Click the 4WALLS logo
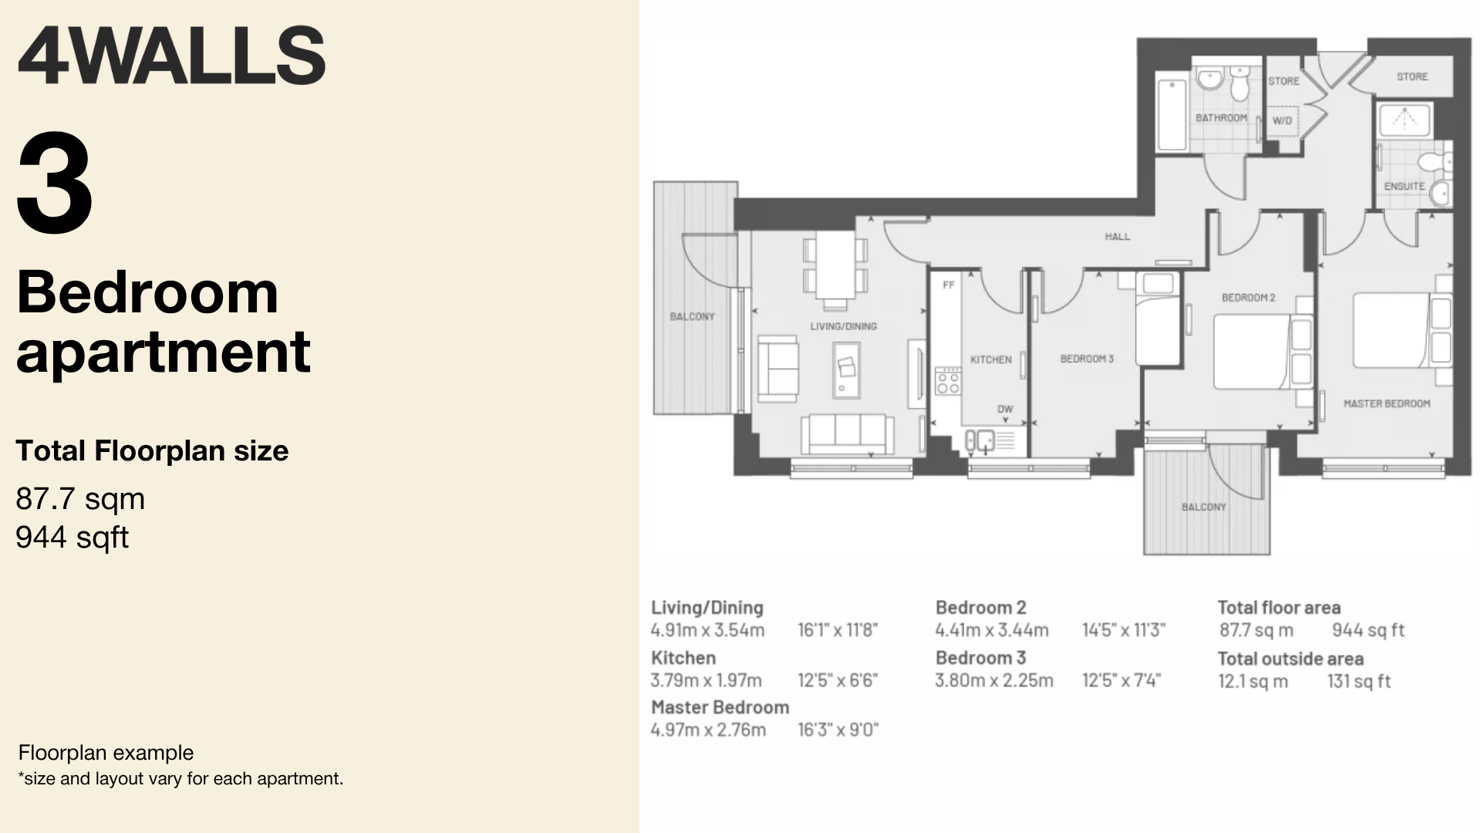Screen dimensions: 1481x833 pyautogui.click(x=170, y=56)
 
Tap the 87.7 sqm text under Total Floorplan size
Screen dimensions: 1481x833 pyautogui.click(x=80, y=499)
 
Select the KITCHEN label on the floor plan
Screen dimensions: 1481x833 pyautogui.click(x=990, y=359)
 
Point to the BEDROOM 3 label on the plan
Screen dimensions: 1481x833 pyautogui.click(x=1087, y=359)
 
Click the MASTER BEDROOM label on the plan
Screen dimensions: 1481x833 pyautogui.click(x=1387, y=403)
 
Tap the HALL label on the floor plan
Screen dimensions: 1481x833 pyautogui.click(x=1117, y=237)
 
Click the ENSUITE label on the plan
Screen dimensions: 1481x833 pyautogui.click(x=1404, y=187)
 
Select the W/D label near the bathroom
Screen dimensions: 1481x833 pyautogui.click(x=1282, y=121)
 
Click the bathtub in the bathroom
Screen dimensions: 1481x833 pyautogui.click(x=1172, y=115)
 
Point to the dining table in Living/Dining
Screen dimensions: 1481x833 pyautogui.click(x=835, y=265)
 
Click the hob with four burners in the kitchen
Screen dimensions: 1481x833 pyautogui.click(x=948, y=381)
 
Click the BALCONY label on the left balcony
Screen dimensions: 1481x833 pyautogui.click(x=692, y=316)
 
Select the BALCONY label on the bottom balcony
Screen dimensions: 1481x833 pyautogui.click(x=1203, y=507)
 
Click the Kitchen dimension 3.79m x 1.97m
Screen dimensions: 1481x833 pyautogui.click(x=706, y=680)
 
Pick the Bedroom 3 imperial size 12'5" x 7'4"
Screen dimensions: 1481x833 pyautogui.click(x=1122, y=680)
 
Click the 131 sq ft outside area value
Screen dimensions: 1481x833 pyautogui.click(x=1358, y=681)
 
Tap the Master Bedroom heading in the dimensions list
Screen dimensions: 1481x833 pyautogui.click(x=720, y=707)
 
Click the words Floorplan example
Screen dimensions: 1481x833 pyautogui.click(x=106, y=753)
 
